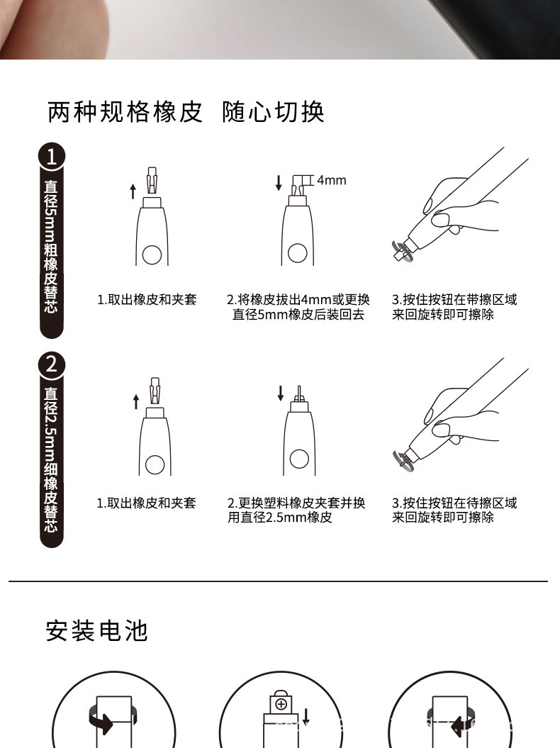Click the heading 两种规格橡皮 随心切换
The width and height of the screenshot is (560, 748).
click(x=186, y=111)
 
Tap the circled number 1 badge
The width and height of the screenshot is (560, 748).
click(x=51, y=157)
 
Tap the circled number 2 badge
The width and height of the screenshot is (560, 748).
click(x=51, y=364)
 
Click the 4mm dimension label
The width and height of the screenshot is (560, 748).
click(x=331, y=180)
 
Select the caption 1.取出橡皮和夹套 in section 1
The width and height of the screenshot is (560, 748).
click(x=147, y=299)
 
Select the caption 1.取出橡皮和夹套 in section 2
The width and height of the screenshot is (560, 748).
click(x=147, y=503)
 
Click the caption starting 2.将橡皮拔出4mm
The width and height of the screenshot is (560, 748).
click(x=298, y=307)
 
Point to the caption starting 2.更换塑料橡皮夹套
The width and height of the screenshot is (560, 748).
click(x=296, y=510)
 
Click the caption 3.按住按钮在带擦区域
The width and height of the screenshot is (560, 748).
click(x=454, y=307)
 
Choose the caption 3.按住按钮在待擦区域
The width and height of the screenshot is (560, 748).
click(x=454, y=510)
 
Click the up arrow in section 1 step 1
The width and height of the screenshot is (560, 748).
click(x=133, y=190)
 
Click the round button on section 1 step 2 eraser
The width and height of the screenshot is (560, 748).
click(x=297, y=252)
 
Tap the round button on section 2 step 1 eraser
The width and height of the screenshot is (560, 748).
click(x=154, y=464)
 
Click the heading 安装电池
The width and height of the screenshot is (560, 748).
click(x=97, y=630)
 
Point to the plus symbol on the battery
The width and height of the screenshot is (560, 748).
click(x=281, y=704)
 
